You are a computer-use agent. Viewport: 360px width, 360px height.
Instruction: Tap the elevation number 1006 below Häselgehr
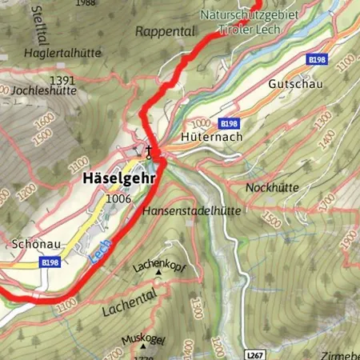[x=117, y=198]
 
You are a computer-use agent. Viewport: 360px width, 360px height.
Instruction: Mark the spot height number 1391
[x=62, y=80]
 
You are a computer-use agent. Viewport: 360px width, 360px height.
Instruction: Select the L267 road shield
[x=254, y=353]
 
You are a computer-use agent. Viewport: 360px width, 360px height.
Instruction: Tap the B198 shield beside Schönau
[x=50, y=262]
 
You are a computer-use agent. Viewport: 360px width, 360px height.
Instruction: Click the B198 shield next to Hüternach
[x=229, y=123]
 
